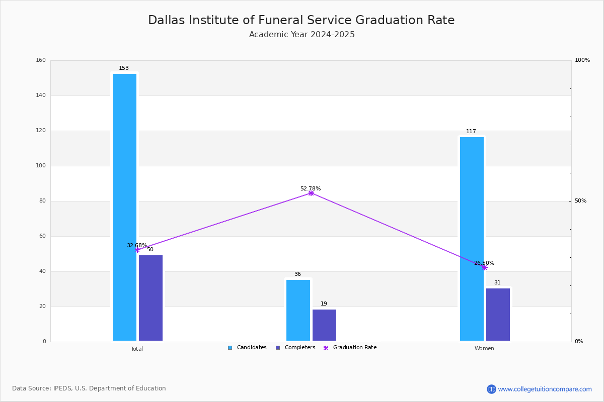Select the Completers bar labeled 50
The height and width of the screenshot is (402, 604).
point(150,298)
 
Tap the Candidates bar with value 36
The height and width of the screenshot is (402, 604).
point(298,310)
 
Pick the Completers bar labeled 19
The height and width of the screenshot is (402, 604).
point(324,325)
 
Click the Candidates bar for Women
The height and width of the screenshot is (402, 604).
point(472,239)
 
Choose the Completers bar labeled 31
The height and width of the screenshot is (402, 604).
point(498,315)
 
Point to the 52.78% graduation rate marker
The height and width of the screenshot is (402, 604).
point(311,193)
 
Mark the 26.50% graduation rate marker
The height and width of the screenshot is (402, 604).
point(484,267)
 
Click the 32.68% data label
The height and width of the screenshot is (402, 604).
point(136,245)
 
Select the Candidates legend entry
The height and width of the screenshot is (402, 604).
point(247,348)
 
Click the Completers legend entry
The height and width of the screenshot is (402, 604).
point(295,348)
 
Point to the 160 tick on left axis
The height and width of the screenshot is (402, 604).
point(41,60)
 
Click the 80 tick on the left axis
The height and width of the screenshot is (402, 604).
point(42,201)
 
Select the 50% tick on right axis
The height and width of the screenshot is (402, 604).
point(580,201)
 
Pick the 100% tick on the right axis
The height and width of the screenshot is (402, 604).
point(582,60)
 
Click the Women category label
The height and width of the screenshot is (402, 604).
point(484,349)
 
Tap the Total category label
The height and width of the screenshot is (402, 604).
point(137,349)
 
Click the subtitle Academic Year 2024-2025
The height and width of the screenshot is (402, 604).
point(302,35)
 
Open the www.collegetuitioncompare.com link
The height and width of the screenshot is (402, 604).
point(545,389)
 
